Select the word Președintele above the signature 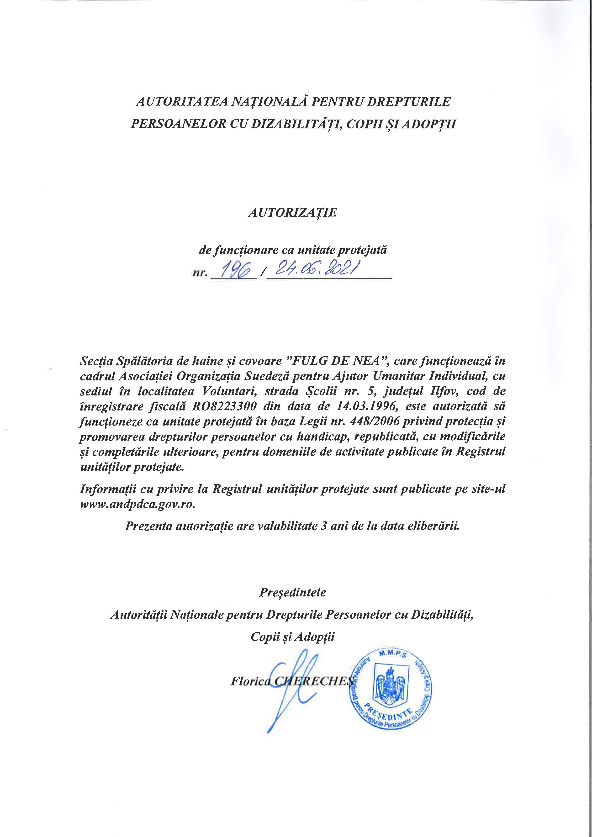292,592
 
